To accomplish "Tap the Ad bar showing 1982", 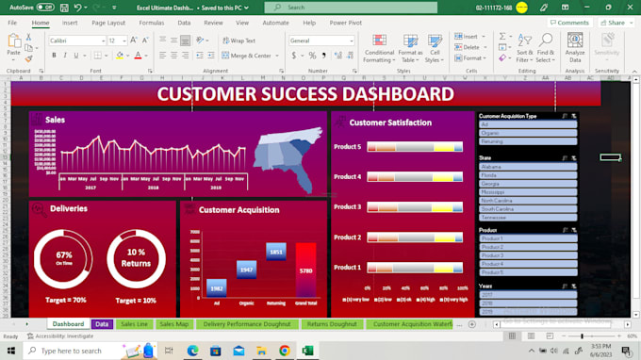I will click(x=216, y=286).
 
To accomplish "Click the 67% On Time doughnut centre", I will click(x=64, y=258).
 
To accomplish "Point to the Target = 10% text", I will click(x=137, y=301).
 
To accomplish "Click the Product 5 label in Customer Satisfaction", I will click(x=347, y=147).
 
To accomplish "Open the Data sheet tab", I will click(x=102, y=324).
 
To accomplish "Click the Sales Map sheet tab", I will click(x=173, y=324).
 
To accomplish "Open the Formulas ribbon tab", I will click(x=151, y=22).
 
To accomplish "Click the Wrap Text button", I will click(x=240, y=41).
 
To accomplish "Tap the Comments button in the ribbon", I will click(x=568, y=22).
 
